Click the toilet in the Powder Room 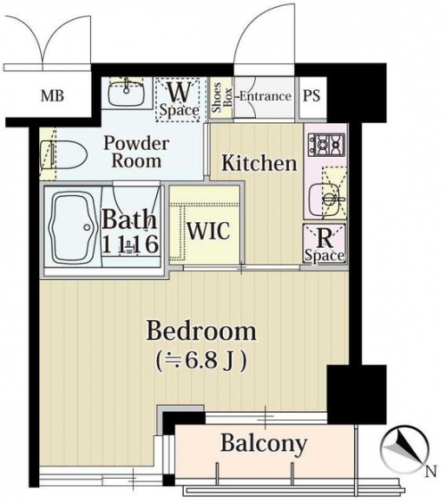[x=63, y=155]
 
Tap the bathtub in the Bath [x=73, y=227]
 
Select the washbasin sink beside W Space [x=126, y=92]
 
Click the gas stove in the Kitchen [x=326, y=144]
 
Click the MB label [x=53, y=95]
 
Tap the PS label [x=311, y=95]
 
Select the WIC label [x=208, y=230]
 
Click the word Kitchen [x=260, y=162]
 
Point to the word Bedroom [x=202, y=331]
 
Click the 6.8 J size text [x=202, y=361]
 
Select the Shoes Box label [x=221, y=98]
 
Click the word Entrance [x=265, y=96]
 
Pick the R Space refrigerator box [x=325, y=243]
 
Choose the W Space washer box [x=178, y=99]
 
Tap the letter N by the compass [x=431, y=472]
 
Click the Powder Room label [x=136, y=152]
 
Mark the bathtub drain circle [x=87, y=227]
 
